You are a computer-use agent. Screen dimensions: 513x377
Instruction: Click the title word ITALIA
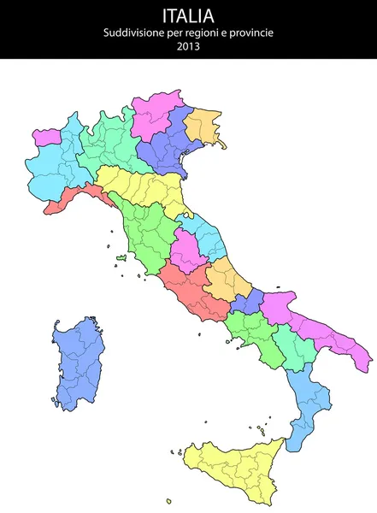[188, 15]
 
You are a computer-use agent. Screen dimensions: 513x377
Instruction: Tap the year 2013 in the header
[188, 46]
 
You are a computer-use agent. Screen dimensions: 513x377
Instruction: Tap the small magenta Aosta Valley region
[46, 136]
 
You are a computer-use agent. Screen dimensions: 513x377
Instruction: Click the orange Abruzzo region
[226, 278]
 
